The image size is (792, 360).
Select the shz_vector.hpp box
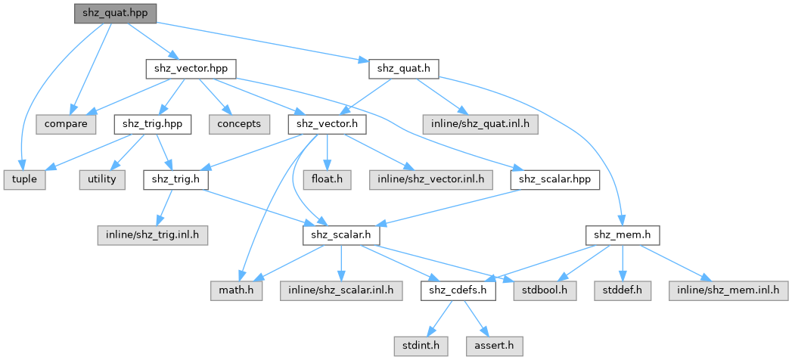(190, 69)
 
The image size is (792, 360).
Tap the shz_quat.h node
(404, 69)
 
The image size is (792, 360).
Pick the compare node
(65, 123)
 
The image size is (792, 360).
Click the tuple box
(23, 180)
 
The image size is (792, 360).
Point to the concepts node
(237, 123)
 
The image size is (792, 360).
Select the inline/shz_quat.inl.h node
(479, 123)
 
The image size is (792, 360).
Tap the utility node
(100, 180)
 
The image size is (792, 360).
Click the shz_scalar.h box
(341, 236)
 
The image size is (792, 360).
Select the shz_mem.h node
(622, 236)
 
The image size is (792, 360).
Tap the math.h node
(237, 291)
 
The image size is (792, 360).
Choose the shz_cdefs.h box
(458, 291)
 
